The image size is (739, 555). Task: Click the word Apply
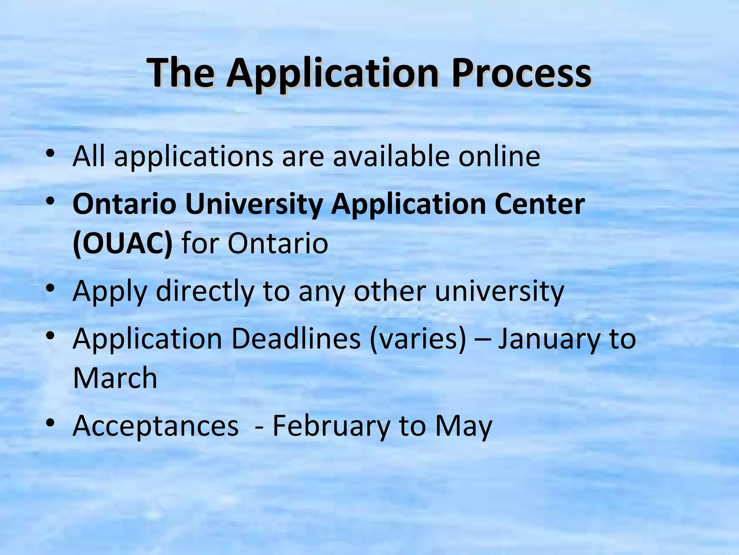click(110, 292)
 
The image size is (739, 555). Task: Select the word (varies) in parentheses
click(418, 340)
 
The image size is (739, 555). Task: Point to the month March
click(115, 378)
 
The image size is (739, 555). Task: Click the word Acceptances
click(156, 426)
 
